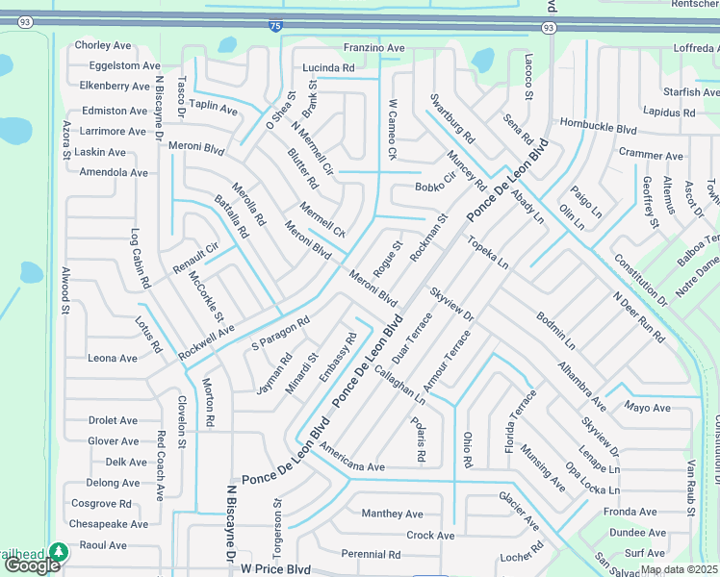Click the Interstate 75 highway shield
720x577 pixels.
[275, 27]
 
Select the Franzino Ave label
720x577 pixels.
[374, 47]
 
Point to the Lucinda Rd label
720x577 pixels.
[328, 68]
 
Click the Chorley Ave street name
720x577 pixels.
[103, 45]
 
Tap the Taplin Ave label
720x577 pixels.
[213, 109]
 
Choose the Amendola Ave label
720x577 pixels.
[114, 173]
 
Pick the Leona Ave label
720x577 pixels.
[113, 358]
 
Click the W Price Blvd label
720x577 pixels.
[278, 568]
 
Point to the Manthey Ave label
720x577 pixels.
[392, 514]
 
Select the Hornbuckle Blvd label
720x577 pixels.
[599, 127]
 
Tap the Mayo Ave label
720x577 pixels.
[647, 408]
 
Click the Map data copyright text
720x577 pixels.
[680, 569]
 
